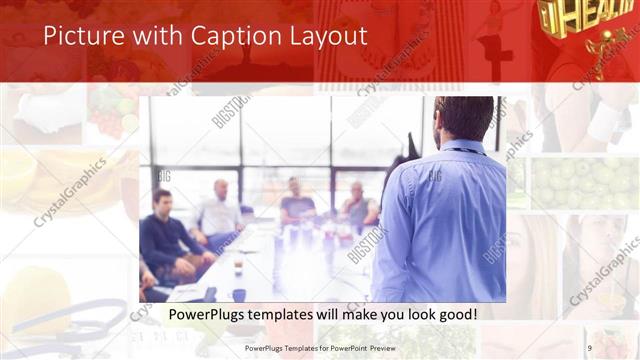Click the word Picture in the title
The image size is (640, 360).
(x=81, y=37)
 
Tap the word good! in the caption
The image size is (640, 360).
(x=455, y=314)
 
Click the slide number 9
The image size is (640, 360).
(x=589, y=348)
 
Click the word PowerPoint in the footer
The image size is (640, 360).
(x=347, y=348)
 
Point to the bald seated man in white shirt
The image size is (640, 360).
(x=219, y=211)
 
